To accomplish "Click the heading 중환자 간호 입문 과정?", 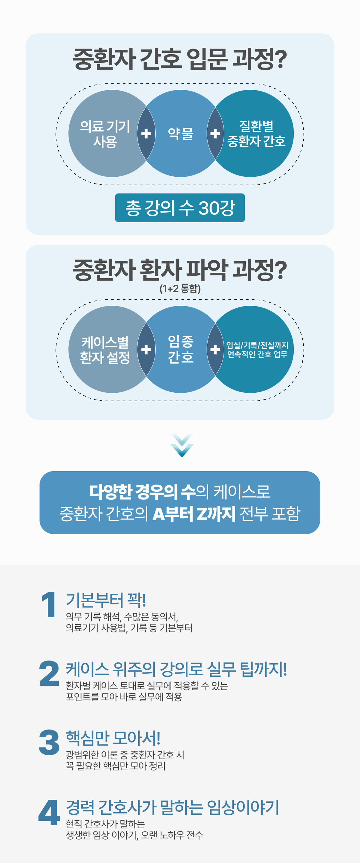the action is [180, 59].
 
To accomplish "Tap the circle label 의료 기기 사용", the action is [105, 134].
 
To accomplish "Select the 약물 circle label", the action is [181, 134].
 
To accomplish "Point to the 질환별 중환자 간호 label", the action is [256, 134].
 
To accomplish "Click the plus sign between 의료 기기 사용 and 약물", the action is [146, 134].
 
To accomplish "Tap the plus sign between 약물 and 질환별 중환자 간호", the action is [215, 134].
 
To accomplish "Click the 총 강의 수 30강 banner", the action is [180, 208].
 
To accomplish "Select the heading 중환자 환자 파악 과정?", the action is [180, 270].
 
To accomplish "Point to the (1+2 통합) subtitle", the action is [180, 289].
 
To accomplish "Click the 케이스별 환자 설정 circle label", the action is [105, 350].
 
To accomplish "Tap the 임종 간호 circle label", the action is [181, 349].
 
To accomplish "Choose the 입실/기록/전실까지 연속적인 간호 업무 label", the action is [257, 349].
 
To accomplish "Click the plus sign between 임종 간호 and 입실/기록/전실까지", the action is [215, 349].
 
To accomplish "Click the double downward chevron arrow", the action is [182, 445].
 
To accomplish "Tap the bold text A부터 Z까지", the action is [194, 513].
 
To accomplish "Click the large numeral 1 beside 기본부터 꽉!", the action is [49, 604].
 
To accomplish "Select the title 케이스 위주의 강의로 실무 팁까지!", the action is [176, 669].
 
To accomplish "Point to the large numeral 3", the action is [49, 742].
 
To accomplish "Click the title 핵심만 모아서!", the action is [113, 738].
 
